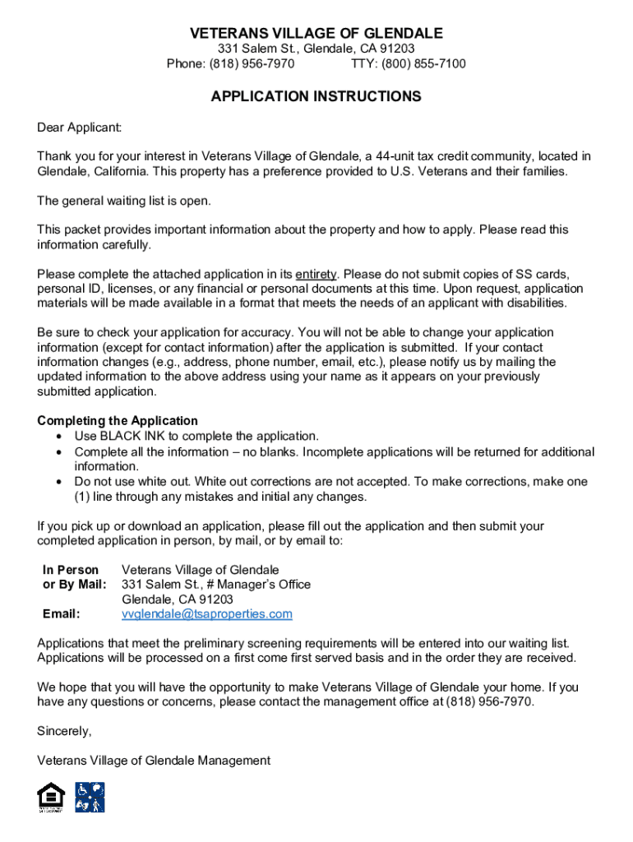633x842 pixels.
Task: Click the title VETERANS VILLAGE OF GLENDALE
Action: pos(316,34)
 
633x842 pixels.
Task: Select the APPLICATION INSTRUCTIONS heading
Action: pos(316,97)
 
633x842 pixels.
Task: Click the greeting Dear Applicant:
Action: pos(80,127)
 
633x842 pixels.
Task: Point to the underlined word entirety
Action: pos(316,275)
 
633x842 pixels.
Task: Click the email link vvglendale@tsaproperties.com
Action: pos(207,614)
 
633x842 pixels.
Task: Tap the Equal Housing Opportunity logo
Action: pos(51,798)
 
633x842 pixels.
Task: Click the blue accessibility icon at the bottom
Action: pos(90,797)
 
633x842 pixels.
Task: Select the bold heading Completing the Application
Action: pos(118,421)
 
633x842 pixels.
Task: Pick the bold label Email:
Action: pos(62,614)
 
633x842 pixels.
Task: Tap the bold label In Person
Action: pos(71,570)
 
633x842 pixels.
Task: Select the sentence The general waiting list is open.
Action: pos(124,201)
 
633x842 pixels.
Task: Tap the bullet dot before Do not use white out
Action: pos(59,482)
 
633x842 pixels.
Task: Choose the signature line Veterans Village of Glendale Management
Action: pos(154,761)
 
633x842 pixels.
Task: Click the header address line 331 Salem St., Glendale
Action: pos(316,49)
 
